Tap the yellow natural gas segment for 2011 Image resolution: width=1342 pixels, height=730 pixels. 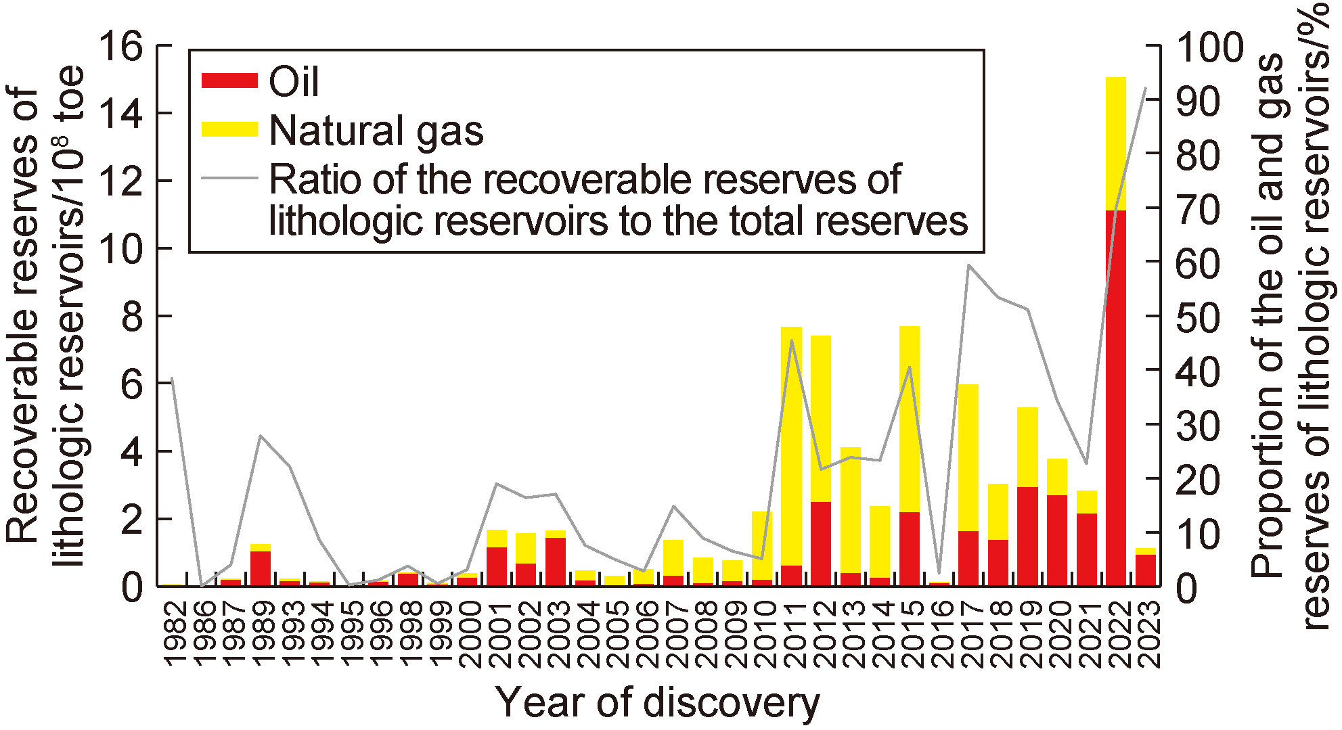791,446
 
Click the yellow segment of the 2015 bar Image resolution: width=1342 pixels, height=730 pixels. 909,419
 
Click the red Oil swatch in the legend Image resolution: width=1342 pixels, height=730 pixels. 229,81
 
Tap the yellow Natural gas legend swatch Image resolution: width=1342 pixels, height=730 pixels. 229,129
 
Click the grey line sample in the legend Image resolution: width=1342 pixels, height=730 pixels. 229,179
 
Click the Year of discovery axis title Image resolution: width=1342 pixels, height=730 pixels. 657,702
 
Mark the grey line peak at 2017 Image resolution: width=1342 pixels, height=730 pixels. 968,265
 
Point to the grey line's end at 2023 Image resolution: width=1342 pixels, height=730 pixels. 1145,88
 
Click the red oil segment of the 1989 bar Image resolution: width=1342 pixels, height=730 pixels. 261,568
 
